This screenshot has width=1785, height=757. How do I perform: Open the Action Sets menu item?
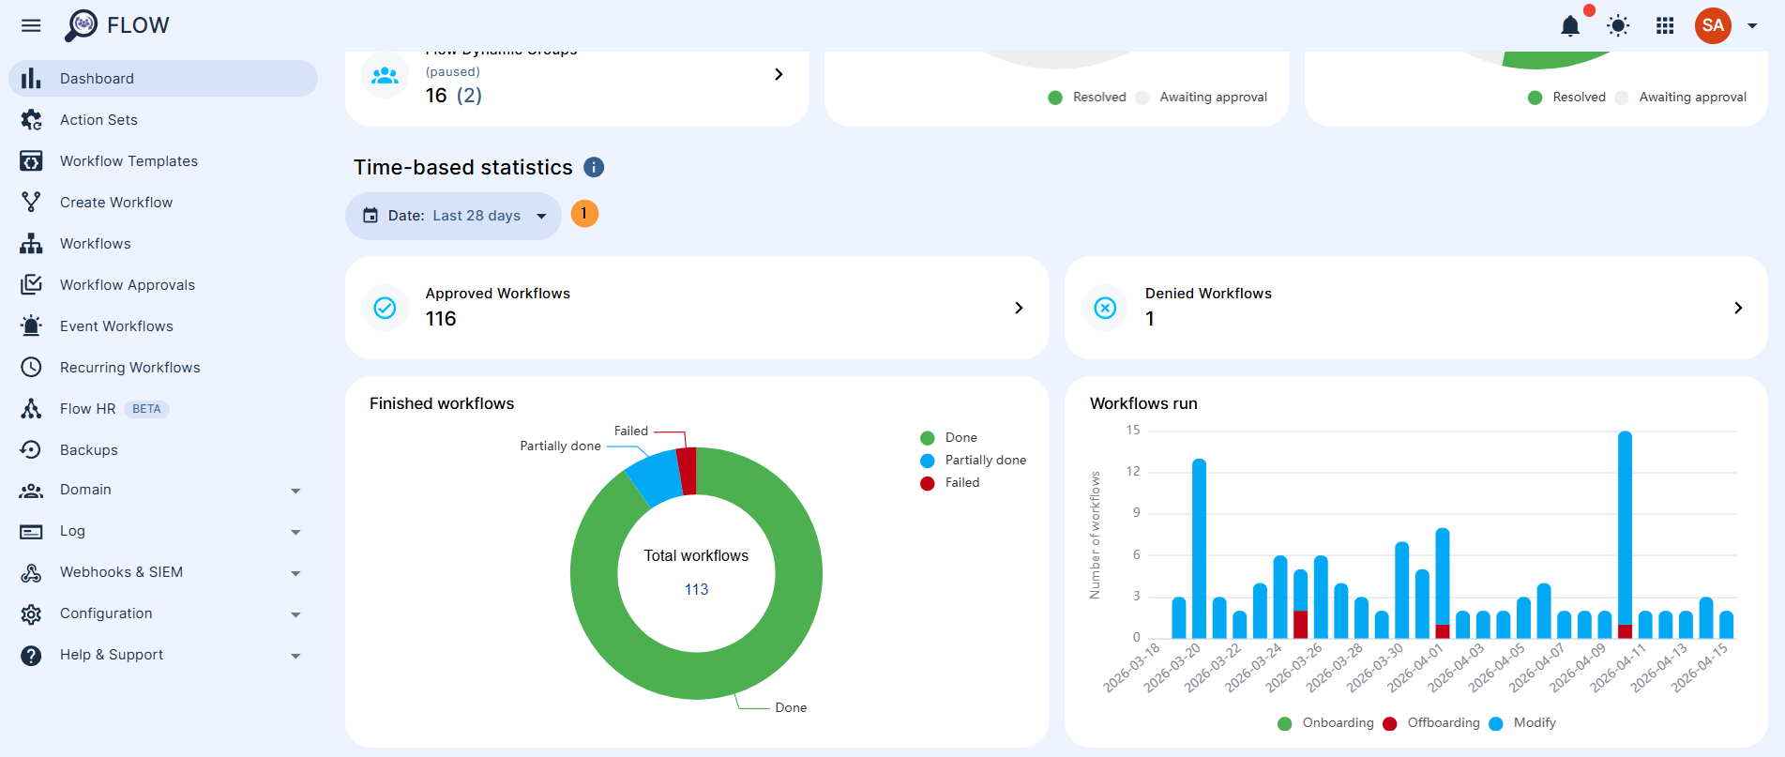98,120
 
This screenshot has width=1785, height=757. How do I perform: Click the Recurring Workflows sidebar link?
129,368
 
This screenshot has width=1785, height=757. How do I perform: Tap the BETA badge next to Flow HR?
146,409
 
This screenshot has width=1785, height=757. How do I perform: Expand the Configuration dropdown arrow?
295,614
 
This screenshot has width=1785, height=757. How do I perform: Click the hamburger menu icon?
31,25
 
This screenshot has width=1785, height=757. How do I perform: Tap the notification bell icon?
1570,25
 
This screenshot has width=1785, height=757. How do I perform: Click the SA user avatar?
1713,25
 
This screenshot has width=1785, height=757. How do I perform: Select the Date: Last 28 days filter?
454,216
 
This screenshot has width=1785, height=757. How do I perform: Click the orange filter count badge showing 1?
584,214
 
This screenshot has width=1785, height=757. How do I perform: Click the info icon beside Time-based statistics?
594,167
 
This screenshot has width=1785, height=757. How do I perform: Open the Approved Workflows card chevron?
1019,308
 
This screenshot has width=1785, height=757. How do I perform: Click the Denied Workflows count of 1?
1150,320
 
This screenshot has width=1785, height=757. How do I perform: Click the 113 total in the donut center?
696,589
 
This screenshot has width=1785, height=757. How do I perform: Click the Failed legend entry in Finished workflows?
961,483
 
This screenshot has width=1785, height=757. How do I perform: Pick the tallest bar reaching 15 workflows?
1625,525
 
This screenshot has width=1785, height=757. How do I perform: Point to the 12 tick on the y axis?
1133,471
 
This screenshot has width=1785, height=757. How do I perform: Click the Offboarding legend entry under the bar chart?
1443,723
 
